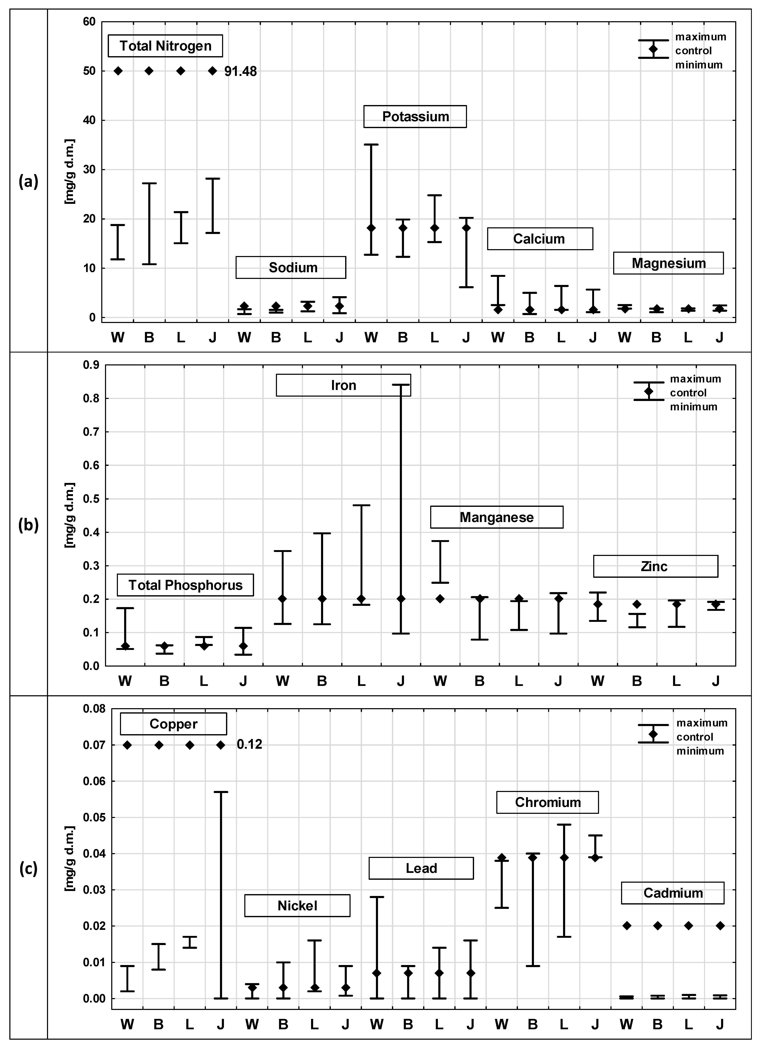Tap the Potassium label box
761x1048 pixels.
tap(415, 116)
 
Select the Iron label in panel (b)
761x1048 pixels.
tap(343, 385)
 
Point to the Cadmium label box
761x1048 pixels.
tap(672, 893)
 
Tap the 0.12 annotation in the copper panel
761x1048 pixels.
tap(250, 744)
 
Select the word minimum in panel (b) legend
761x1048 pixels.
tap(694, 407)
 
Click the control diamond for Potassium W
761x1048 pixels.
tap(371, 228)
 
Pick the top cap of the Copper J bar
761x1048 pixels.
tap(221, 792)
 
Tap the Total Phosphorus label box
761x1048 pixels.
tap(185, 585)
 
